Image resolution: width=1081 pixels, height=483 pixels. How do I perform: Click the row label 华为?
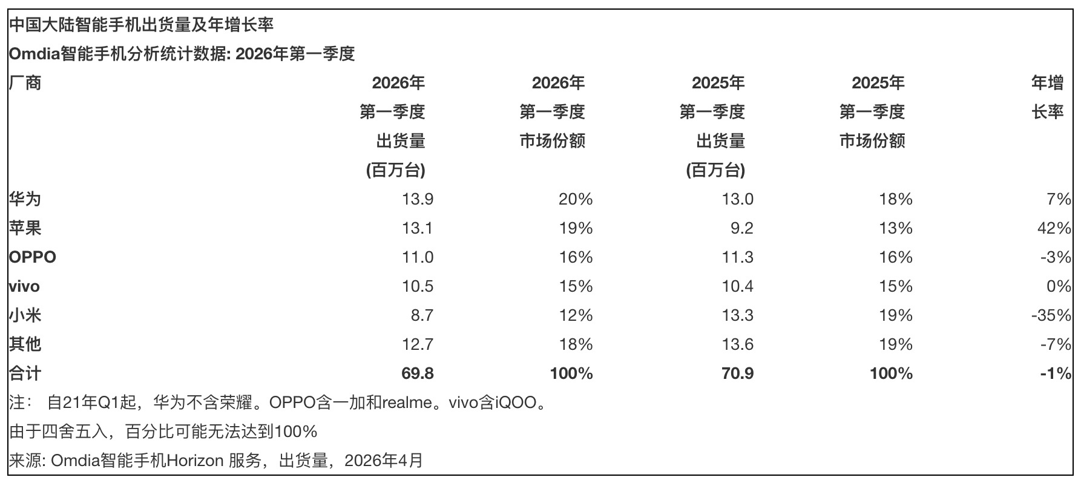(x=25, y=199)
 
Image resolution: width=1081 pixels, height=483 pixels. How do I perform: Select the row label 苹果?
(x=25, y=228)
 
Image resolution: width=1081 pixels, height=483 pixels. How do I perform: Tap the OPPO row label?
(x=33, y=257)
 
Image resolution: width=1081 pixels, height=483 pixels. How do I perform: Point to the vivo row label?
(x=24, y=286)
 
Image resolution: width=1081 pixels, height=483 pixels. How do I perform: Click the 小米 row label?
(x=25, y=315)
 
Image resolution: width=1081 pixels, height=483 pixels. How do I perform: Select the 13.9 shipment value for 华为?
(x=418, y=199)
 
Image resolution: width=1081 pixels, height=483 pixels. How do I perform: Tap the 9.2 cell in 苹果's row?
(x=742, y=228)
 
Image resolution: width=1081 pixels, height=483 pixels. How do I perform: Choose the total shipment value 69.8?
(x=418, y=373)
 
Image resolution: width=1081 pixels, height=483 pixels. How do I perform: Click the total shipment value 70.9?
(x=737, y=373)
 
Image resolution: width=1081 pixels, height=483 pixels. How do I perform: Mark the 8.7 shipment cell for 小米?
(x=422, y=315)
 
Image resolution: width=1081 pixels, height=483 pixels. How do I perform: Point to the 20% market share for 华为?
(x=576, y=199)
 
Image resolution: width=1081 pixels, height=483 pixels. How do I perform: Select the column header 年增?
(x=1047, y=83)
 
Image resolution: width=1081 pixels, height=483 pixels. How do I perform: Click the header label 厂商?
(x=25, y=83)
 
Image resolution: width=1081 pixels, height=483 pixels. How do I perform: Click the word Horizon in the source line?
(x=195, y=461)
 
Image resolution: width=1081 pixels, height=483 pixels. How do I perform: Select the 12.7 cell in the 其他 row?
(x=418, y=344)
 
